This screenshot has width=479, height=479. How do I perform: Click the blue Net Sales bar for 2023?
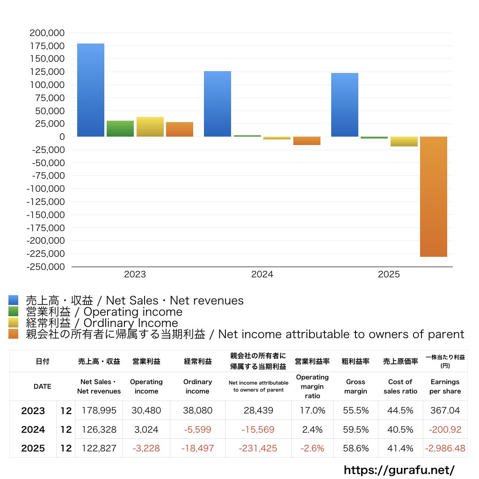91,90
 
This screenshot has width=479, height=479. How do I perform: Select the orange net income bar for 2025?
433,196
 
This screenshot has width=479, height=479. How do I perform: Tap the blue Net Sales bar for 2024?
218,104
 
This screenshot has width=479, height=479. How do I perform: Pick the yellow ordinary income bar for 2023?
150,127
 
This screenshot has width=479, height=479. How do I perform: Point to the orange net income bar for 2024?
307,141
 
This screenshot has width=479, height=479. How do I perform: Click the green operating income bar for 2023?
120,129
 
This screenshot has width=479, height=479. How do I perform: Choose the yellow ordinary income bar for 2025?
404,141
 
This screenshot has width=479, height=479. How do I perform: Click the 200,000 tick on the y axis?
47,33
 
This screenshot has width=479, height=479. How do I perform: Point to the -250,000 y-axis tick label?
45,267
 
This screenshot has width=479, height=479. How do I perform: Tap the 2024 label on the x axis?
262,275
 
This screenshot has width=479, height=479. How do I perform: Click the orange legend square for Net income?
14,334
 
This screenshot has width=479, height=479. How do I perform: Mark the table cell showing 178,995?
99,411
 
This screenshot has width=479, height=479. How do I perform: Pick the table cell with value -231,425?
258,448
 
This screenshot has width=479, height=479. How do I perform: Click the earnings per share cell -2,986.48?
445,448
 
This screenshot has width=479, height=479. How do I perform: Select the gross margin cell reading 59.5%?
356,429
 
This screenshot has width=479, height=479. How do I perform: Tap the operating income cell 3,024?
146,429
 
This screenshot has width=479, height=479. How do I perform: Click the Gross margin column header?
356,386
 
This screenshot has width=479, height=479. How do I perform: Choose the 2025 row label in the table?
33,448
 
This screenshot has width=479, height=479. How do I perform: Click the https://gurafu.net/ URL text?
399,470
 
